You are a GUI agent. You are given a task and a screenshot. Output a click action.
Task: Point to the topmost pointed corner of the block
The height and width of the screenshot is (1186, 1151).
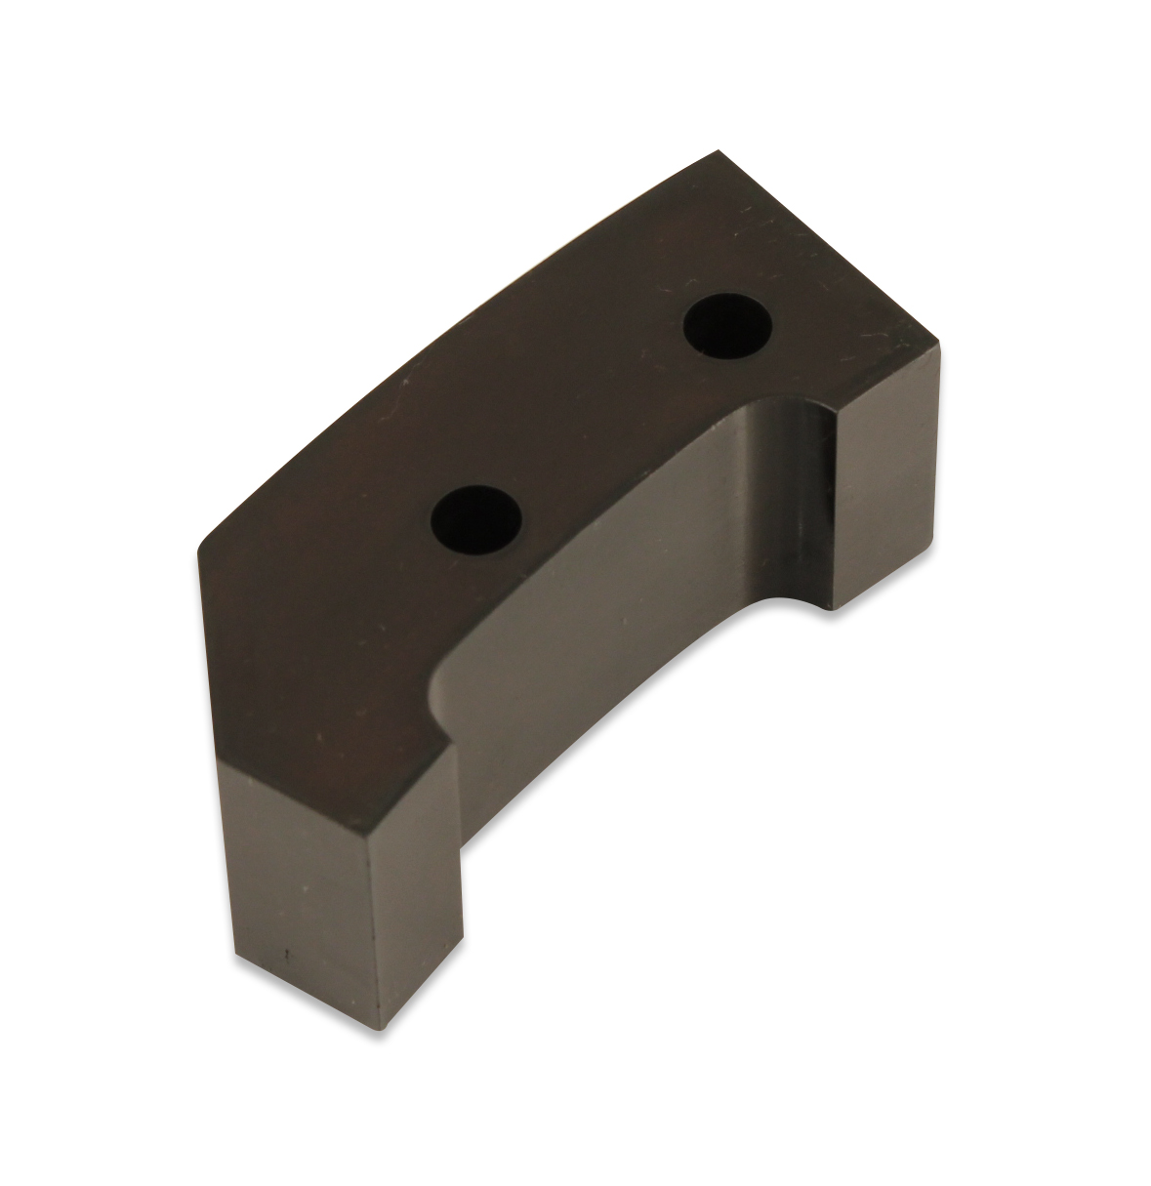720,152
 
